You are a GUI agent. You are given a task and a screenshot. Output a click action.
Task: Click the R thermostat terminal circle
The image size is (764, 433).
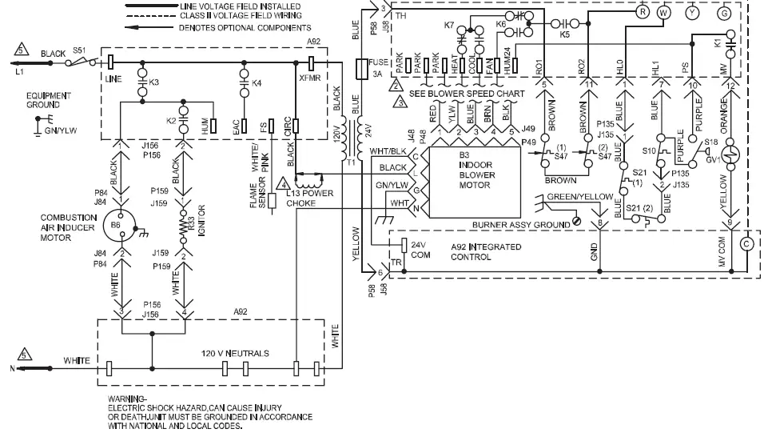[x=642, y=13]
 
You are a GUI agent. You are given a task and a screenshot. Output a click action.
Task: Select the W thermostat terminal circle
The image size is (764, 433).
[x=663, y=13]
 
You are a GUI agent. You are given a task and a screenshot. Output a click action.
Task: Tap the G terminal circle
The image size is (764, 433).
[x=725, y=13]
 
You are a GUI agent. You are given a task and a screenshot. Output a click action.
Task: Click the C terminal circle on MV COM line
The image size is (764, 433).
[x=747, y=243]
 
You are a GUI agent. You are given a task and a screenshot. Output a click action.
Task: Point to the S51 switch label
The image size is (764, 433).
[x=79, y=50]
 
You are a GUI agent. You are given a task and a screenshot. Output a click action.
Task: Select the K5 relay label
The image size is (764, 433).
[x=565, y=35]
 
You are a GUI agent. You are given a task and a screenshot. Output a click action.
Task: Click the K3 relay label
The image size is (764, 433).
[x=153, y=82]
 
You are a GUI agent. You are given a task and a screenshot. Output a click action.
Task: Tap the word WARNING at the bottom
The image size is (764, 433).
[x=128, y=398]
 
